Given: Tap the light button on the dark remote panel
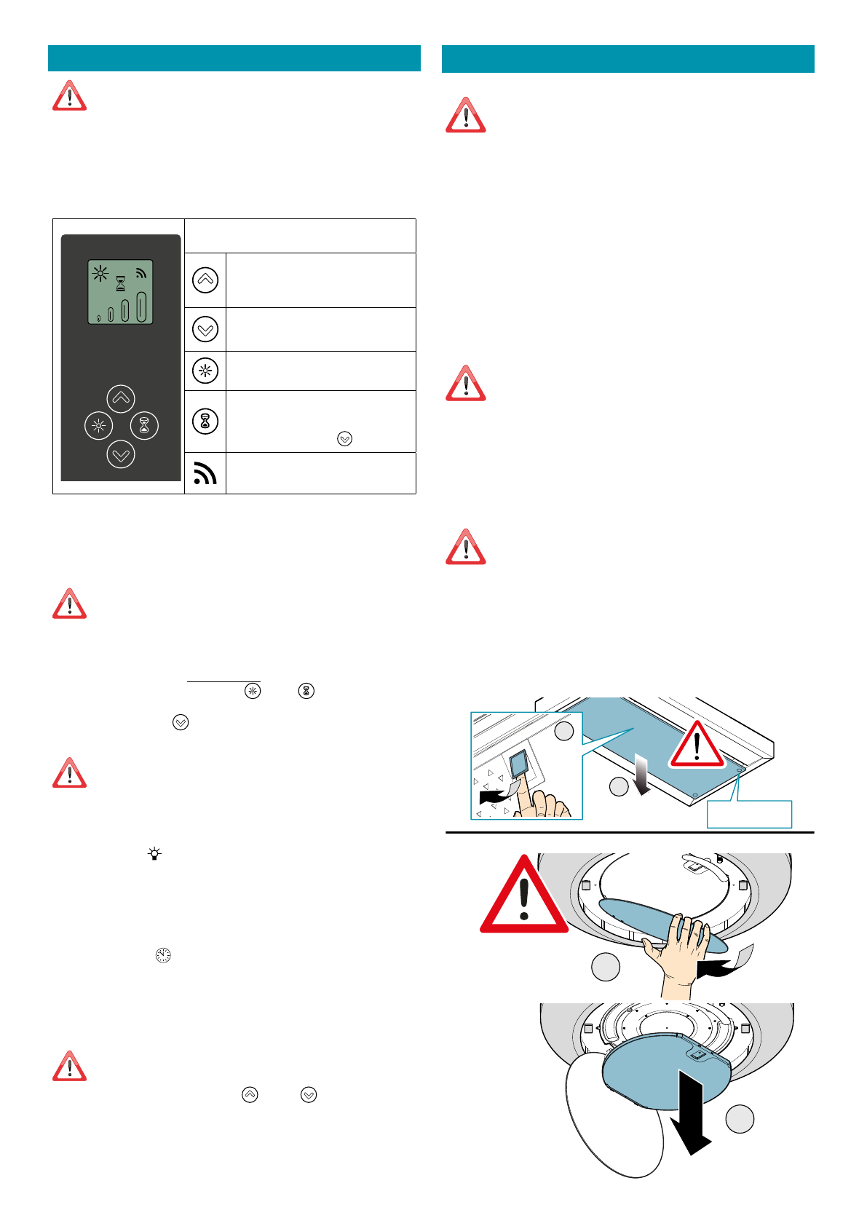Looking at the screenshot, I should coord(98,426).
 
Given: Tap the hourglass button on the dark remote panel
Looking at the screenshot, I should coord(144,426).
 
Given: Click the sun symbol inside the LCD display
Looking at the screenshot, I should coord(100,274).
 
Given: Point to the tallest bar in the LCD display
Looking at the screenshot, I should coord(142,306).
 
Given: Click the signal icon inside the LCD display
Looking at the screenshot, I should coord(141,273).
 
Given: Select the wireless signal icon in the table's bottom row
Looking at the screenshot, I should coord(205,473).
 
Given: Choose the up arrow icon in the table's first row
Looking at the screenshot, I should coord(205,280).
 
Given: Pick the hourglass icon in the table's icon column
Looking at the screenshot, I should coord(205,421).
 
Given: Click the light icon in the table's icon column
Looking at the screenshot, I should coord(205,371).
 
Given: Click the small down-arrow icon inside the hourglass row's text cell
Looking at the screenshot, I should coord(345,438).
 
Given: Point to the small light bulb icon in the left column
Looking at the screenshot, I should coord(154,854).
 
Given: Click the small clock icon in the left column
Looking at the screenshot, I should coord(163,955).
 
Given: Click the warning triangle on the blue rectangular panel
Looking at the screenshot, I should coord(697,746).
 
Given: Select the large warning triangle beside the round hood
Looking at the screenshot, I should coord(523,898).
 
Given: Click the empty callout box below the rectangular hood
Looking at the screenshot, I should coord(749,814).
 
